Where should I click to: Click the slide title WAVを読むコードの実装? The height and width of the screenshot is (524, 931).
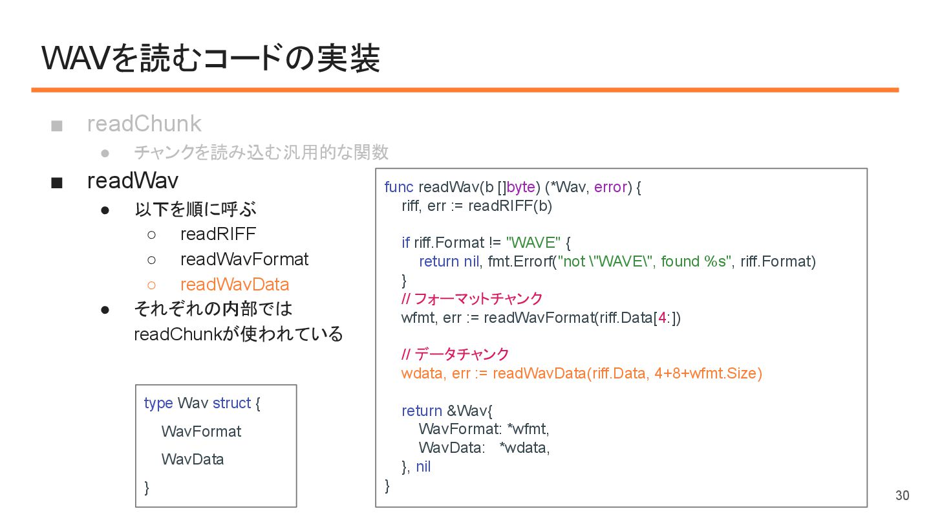point(210,59)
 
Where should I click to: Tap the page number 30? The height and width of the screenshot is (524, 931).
point(902,496)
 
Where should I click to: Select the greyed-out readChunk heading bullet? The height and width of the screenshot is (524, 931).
point(144,124)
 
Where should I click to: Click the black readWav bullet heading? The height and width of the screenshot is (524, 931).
point(133,181)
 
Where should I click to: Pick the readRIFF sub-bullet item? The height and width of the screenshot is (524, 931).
point(218,234)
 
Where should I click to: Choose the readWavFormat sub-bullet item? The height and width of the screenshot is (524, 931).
point(244,259)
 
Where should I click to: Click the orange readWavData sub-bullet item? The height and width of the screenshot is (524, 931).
point(235,285)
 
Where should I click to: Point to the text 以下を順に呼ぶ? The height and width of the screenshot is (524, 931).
point(195,210)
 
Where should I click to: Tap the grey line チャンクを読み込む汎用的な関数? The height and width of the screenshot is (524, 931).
point(261,152)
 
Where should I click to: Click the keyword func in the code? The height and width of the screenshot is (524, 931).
point(398,188)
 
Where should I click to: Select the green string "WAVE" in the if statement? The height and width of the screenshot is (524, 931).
point(533,243)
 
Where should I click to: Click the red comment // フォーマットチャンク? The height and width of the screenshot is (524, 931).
point(471,299)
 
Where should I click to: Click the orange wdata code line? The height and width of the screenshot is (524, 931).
point(581,374)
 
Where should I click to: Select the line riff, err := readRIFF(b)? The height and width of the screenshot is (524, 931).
point(476,206)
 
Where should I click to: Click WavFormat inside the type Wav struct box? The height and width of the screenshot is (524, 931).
point(201,431)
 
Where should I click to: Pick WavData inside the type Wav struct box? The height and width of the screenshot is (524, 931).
point(193,459)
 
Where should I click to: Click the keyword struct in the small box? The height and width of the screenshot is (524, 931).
point(231,403)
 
